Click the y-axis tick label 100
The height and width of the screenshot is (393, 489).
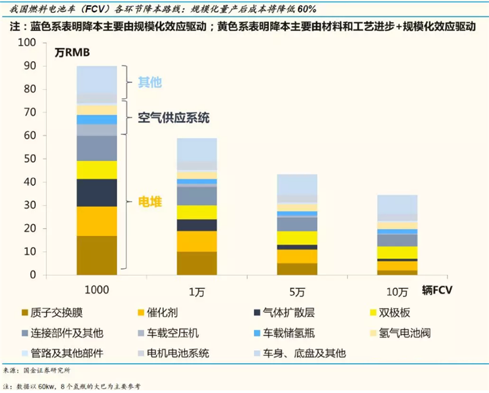pos(28,43)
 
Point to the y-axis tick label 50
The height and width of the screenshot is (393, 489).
pos(30,159)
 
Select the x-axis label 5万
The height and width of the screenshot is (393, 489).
pos(296,292)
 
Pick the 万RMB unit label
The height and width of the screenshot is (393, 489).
pos(72,52)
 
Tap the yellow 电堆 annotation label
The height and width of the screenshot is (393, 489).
pos(150,201)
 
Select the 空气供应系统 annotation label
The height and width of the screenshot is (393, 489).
pos(174,118)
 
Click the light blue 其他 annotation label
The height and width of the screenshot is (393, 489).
pos(150,82)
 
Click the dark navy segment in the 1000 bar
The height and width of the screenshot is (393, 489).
pos(97,192)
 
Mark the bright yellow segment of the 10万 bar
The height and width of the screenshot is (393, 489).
pos(398,252)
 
